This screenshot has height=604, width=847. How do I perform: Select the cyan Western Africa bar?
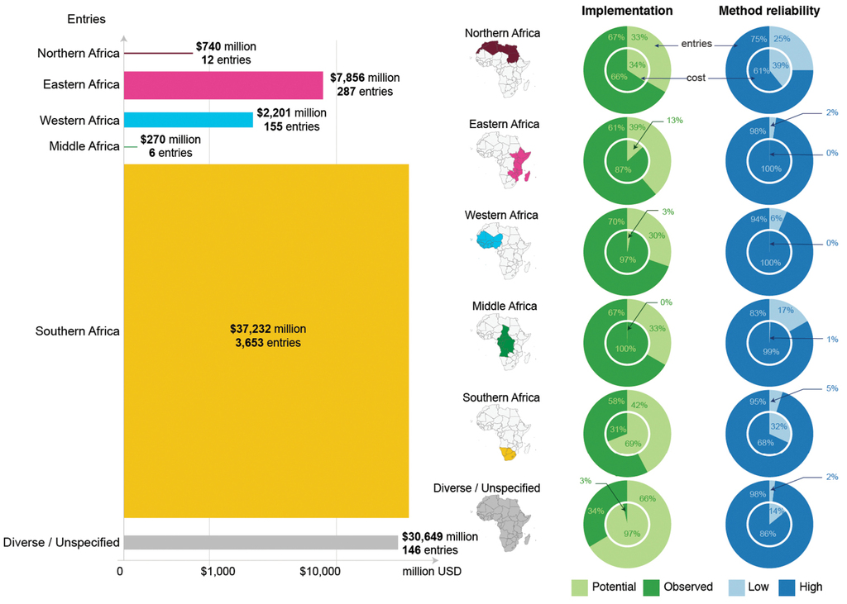tap(188, 120)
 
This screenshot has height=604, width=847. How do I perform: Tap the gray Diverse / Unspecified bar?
tap(260, 542)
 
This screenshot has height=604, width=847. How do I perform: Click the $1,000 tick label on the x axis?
tap(218, 571)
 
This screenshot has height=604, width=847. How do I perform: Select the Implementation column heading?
tap(627, 11)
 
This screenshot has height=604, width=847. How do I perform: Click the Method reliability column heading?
tap(769, 11)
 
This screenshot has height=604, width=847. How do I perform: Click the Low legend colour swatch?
tap(736, 587)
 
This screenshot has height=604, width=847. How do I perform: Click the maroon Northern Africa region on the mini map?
tap(501, 54)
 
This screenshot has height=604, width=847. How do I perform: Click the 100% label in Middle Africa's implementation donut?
tap(626, 349)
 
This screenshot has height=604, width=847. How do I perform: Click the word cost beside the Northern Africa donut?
tap(696, 77)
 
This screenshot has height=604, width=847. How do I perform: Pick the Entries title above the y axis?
tap(85, 18)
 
